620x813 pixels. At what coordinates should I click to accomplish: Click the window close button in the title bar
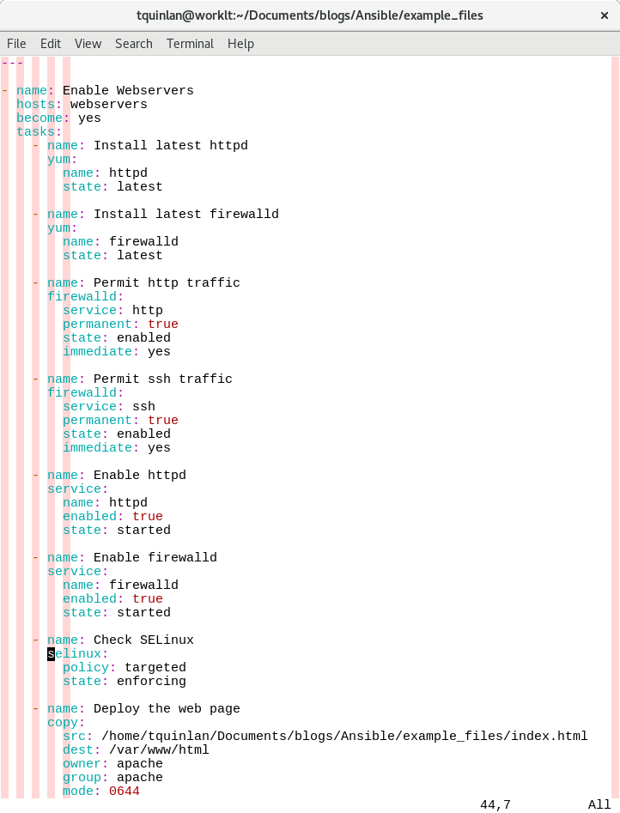point(604,15)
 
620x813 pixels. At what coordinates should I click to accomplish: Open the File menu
point(16,43)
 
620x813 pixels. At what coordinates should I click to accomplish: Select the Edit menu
point(51,43)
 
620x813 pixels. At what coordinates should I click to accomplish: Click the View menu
point(88,43)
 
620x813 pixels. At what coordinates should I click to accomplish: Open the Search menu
point(134,43)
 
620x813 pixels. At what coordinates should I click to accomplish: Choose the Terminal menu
point(190,43)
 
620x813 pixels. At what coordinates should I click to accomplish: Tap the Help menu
point(240,43)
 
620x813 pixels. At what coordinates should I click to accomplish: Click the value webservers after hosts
point(108,104)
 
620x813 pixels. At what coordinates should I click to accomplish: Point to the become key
point(40,118)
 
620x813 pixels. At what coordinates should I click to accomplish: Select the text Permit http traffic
point(167,282)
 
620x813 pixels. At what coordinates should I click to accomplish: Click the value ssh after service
point(143,406)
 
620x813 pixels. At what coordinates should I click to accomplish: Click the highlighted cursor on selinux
point(52,653)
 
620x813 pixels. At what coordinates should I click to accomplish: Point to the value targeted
point(155,667)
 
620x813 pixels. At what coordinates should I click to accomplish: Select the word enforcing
point(151,681)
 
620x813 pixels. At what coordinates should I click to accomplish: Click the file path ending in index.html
point(344,736)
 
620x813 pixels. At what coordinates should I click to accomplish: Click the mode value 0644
point(124,791)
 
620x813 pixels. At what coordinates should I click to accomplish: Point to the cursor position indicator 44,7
point(495,804)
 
